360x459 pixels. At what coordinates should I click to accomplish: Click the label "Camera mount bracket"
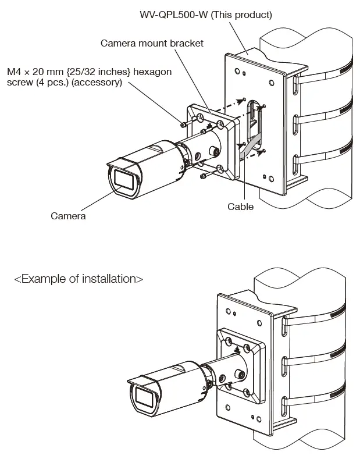click(x=152, y=44)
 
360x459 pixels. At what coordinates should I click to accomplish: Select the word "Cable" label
click(x=240, y=206)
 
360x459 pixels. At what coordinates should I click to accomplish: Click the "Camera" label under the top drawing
click(x=68, y=216)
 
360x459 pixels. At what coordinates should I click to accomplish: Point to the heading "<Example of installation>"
click(x=79, y=279)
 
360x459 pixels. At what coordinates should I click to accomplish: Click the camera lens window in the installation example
click(x=144, y=398)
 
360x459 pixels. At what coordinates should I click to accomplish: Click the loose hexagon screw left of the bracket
click(x=184, y=124)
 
